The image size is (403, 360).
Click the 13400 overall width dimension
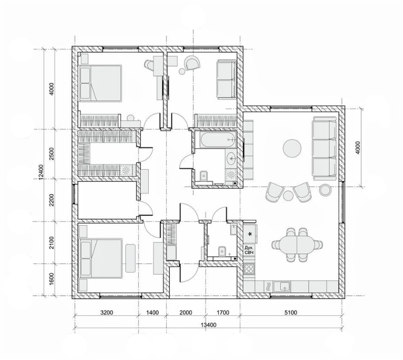[209, 325]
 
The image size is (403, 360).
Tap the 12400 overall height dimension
[41, 172]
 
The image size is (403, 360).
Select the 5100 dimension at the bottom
[291, 313]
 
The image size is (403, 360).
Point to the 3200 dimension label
[106, 313]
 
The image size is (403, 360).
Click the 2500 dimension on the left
[52, 154]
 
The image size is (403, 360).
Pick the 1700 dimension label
[223, 313]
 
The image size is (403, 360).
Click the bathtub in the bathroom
[218, 140]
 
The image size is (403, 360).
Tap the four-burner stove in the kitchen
[249, 269]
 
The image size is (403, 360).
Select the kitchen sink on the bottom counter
[282, 286]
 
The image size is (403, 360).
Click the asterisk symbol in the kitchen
[249, 235]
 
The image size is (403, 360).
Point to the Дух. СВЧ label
[249, 250]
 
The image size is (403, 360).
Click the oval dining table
[297, 245]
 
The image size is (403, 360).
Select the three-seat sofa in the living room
[325, 148]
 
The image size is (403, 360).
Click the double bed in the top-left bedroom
[100, 83]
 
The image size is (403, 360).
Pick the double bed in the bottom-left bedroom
[100, 258]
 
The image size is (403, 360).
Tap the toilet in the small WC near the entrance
[222, 251]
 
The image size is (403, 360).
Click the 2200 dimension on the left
[52, 200]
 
